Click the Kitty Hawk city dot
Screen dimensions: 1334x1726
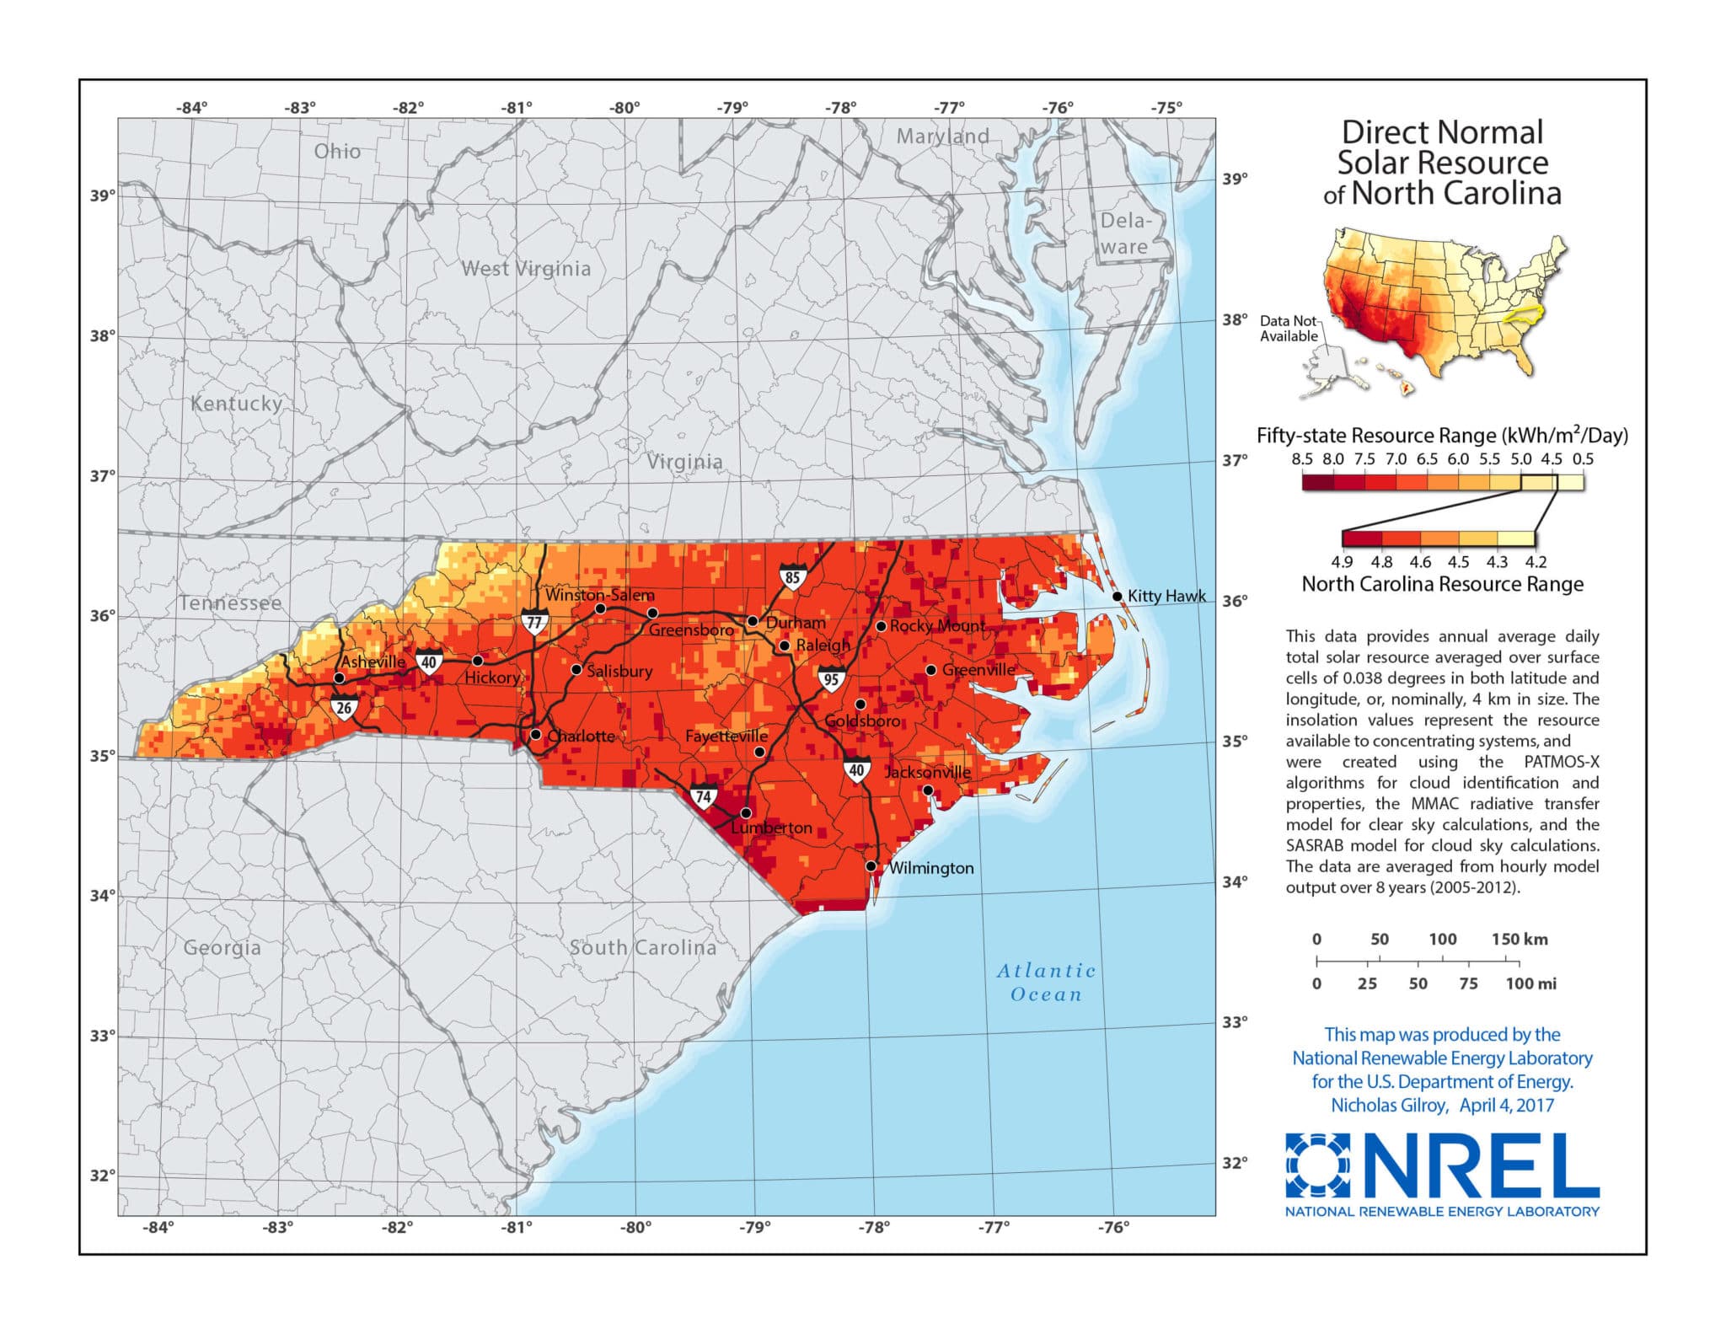1117,596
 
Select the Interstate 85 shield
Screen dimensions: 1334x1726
792,577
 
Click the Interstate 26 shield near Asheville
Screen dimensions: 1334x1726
344,708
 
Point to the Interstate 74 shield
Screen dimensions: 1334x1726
703,796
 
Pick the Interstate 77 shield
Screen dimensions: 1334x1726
533,623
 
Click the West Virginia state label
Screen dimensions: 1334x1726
526,269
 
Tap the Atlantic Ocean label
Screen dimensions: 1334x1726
1046,983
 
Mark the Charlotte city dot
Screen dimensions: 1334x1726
535,735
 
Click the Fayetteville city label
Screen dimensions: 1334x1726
726,736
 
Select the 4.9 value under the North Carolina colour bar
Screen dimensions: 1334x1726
1342,562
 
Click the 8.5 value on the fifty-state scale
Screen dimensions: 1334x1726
1302,459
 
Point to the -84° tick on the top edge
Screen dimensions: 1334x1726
191,108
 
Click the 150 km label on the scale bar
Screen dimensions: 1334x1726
1519,939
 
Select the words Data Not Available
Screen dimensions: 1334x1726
1288,328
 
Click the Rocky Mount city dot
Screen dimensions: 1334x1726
881,626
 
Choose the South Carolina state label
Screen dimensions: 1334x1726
642,947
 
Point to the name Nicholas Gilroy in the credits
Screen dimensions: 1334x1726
1388,1105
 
